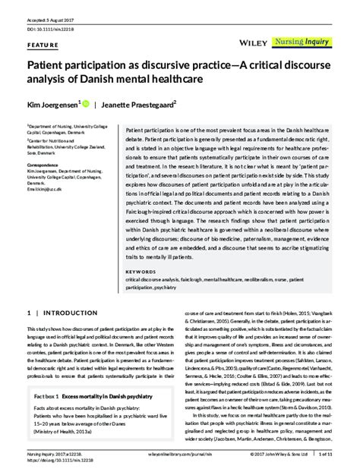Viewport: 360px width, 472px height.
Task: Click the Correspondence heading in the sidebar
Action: [46, 165]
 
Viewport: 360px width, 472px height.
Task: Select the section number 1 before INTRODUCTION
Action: [30, 312]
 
